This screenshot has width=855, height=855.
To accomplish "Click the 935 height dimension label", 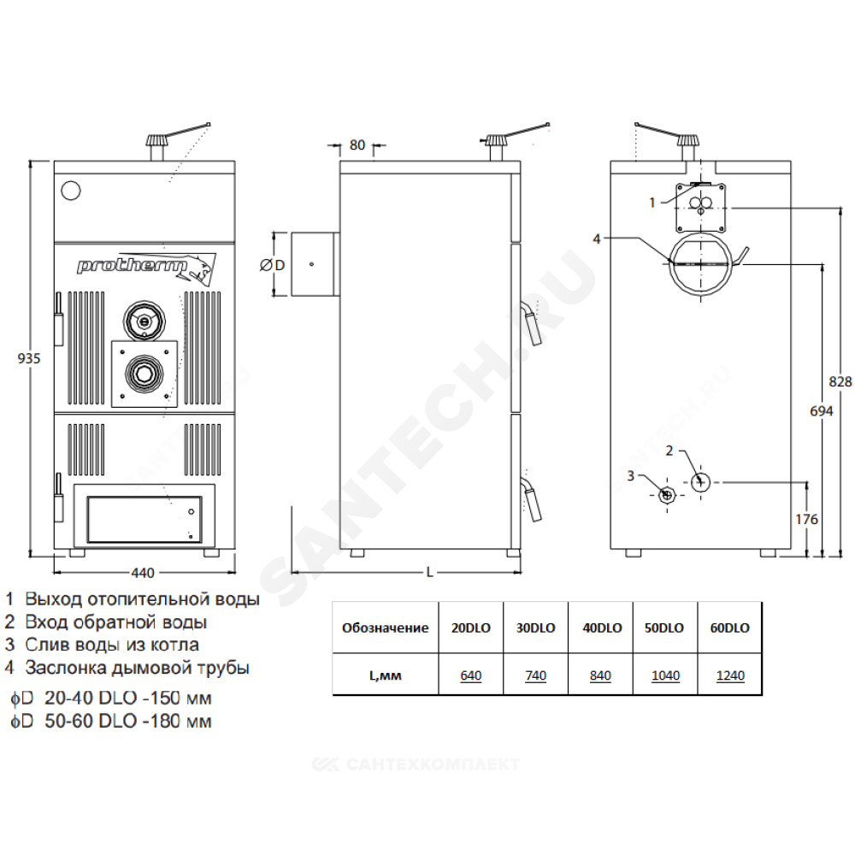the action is tap(29, 358).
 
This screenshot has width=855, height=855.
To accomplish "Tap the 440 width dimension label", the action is tap(142, 573).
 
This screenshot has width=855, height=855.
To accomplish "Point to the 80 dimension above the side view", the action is tap(357, 145).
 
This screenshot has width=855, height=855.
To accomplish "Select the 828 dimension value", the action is tap(840, 381).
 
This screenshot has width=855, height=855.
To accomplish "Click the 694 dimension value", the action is tap(821, 411).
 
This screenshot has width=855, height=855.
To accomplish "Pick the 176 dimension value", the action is tap(806, 519).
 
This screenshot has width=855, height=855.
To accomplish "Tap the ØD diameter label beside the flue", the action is tap(273, 265).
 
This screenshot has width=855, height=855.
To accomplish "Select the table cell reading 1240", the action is tap(730, 675).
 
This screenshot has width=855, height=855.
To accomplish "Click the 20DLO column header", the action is tap(470, 628).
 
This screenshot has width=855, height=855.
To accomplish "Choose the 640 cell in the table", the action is tap(470, 675).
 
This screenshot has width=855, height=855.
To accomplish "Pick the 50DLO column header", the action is tap(664, 628).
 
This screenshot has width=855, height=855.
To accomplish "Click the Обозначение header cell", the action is tap(385, 628).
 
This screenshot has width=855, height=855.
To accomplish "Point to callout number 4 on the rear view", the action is tap(597, 239).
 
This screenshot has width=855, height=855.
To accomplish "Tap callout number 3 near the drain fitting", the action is tap(631, 476).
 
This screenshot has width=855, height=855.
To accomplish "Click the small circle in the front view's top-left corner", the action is tap(71, 191).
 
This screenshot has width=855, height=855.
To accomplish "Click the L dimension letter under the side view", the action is tap(430, 573).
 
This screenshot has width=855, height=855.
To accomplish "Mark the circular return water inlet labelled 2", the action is tap(701, 482).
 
